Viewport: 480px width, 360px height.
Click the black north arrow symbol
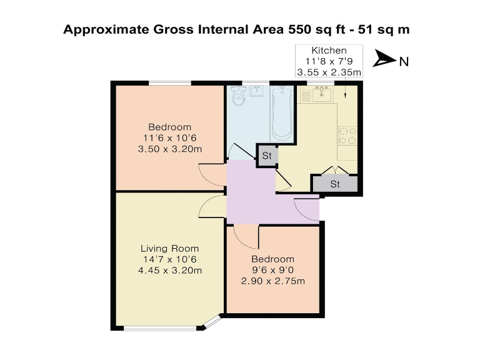pyautogui.click(x=384, y=60)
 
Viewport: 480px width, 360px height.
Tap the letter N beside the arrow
pyautogui.click(x=404, y=61)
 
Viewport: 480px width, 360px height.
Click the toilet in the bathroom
pyautogui.click(x=238, y=99)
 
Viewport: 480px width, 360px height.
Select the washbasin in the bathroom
pyautogui.click(x=256, y=92)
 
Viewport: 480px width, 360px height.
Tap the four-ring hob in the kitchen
pyautogui.click(x=347, y=136)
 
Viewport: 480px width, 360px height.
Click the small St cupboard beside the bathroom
pyautogui.click(x=267, y=155)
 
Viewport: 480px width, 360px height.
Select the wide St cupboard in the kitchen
pyautogui.click(x=335, y=184)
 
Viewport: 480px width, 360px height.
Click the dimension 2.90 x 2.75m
pyautogui.click(x=272, y=281)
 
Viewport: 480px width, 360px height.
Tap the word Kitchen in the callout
pyautogui.click(x=329, y=50)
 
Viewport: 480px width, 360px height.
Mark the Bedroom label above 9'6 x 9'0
pyautogui.click(x=272, y=259)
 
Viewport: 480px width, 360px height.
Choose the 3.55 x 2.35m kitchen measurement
pyautogui.click(x=329, y=72)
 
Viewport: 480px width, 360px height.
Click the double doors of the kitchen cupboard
pyautogui.click(x=335, y=170)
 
